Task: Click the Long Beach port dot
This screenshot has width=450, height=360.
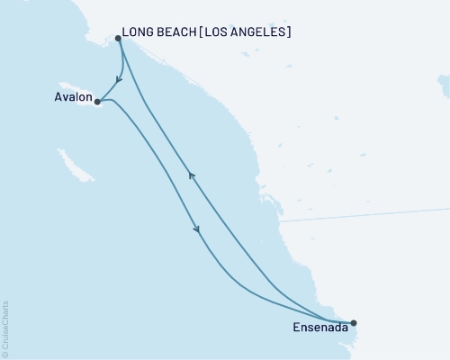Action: coord(118,38)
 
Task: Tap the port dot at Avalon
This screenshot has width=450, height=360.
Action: coord(96,102)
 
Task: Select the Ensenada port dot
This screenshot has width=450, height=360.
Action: coord(353,322)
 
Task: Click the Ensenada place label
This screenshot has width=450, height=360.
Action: coord(318,328)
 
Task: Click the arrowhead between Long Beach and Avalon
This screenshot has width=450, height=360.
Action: coord(120,78)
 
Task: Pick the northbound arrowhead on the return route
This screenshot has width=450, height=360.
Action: coord(191,176)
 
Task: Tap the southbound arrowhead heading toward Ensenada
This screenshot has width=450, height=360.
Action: coord(197,230)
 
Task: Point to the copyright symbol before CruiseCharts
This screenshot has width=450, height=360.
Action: coord(6,354)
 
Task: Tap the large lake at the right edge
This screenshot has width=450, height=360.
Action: coord(444,85)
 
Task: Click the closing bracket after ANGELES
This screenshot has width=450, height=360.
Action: coord(289,32)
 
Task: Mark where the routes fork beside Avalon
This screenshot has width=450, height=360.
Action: coord(104,99)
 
